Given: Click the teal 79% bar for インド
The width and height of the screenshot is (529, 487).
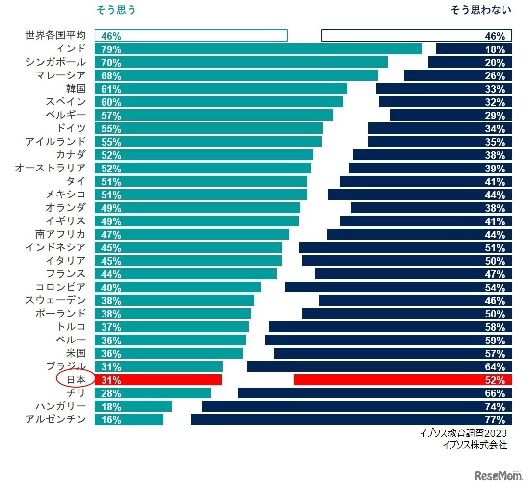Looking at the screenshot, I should coord(258,49).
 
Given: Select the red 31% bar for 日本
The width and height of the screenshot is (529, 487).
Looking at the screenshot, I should coord(158,380).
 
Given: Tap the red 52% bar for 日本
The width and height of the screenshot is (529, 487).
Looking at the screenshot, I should coord(402,380).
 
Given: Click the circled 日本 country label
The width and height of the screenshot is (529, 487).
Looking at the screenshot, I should coord(76,379).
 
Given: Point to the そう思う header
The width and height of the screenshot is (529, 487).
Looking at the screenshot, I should coord(115,10).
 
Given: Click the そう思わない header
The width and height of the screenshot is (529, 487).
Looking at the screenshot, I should coord(480,10).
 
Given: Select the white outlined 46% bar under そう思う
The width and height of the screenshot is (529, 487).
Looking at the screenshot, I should coord(191,36).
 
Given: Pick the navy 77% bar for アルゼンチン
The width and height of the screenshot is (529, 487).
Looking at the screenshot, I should coord(351,419).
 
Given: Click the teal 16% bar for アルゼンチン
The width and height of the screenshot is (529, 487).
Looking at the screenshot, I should coord(129,419).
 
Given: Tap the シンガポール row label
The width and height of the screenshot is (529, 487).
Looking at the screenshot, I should coord(55,62).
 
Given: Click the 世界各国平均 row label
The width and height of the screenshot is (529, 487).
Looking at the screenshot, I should coord(55,36).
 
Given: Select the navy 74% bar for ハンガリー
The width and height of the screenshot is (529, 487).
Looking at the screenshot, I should coord(357,406).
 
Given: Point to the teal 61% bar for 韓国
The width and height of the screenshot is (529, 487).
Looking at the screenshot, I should coord(221,89).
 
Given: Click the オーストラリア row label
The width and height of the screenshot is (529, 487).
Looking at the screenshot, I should coord(51,168).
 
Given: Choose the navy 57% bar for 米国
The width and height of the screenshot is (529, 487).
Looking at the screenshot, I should coord(393,353).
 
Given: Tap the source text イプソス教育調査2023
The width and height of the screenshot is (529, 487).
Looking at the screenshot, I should coord(463,434).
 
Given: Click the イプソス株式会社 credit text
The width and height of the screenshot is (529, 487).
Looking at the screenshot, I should coord(474,445).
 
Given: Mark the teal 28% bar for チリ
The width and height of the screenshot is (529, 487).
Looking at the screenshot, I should coord(153,393).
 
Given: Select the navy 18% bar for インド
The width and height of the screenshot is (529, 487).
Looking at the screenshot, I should coord(474,49).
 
